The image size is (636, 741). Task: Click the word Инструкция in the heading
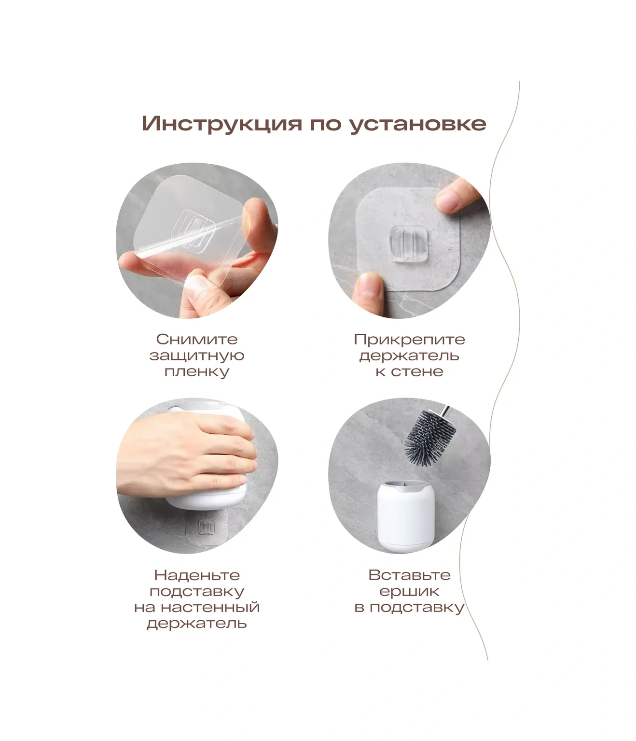click(222, 124)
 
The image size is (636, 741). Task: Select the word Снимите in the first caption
click(197, 339)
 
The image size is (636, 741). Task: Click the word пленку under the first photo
click(197, 372)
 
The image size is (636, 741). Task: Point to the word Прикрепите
click(409, 340)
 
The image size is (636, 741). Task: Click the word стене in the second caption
click(417, 372)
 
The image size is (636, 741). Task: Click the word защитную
click(197, 356)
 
